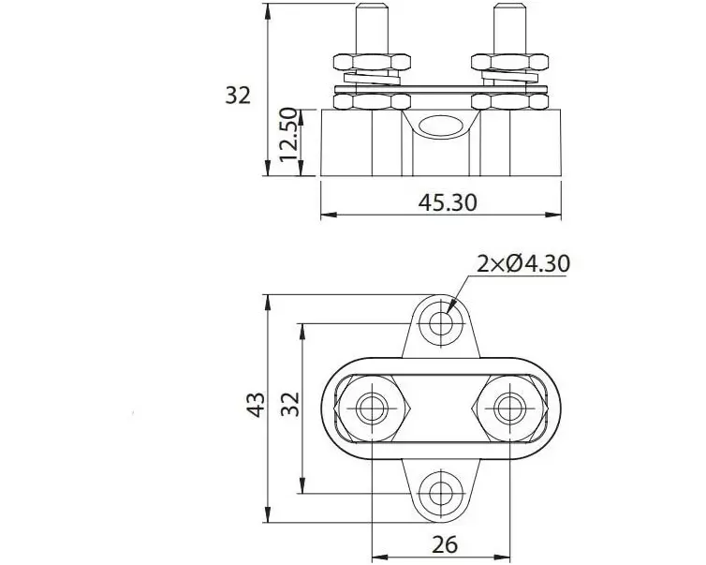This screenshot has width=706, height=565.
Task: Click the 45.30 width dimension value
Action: (447, 202)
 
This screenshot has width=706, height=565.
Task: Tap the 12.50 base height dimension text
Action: (288, 134)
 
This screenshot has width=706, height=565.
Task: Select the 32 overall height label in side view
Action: (238, 96)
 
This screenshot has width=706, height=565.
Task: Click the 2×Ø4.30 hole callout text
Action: (523, 263)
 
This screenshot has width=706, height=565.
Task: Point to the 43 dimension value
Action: (256, 405)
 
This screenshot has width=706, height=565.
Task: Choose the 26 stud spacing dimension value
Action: (445, 544)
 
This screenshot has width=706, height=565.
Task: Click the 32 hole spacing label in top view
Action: (290, 404)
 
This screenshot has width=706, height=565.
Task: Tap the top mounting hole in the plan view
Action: (441, 323)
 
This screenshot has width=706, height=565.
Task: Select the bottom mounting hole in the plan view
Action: (441, 493)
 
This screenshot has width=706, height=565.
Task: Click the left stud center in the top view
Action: (372, 409)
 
